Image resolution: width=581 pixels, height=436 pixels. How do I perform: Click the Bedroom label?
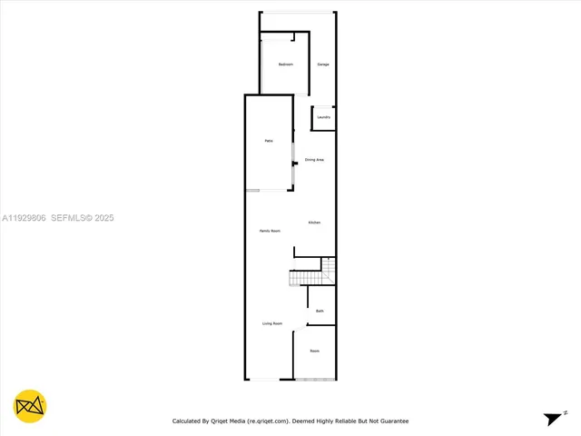point(285,64)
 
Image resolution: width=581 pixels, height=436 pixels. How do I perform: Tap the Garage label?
point(322,64)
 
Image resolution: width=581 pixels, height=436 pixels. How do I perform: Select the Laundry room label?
point(323,117)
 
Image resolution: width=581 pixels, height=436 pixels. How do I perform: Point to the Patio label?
point(269,141)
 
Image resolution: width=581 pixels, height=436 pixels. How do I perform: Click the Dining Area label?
point(315,160)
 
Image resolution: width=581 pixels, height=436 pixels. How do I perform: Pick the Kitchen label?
point(314,223)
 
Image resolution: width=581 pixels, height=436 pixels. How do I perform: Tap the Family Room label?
point(270,232)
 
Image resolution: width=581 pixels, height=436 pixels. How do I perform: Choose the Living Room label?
point(272,323)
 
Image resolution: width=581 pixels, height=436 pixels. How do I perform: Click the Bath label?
point(320,312)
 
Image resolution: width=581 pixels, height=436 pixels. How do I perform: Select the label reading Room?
point(314,351)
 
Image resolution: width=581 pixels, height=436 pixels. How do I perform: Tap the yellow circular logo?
point(30,407)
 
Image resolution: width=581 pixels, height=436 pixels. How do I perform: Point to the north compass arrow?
point(552,419)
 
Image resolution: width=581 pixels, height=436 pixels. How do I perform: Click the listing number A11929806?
point(25,218)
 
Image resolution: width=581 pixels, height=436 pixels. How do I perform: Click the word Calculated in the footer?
point(190,421)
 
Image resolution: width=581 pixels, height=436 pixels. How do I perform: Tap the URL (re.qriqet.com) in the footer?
point(268,421)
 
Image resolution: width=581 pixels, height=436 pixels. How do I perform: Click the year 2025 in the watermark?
point(104,218)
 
